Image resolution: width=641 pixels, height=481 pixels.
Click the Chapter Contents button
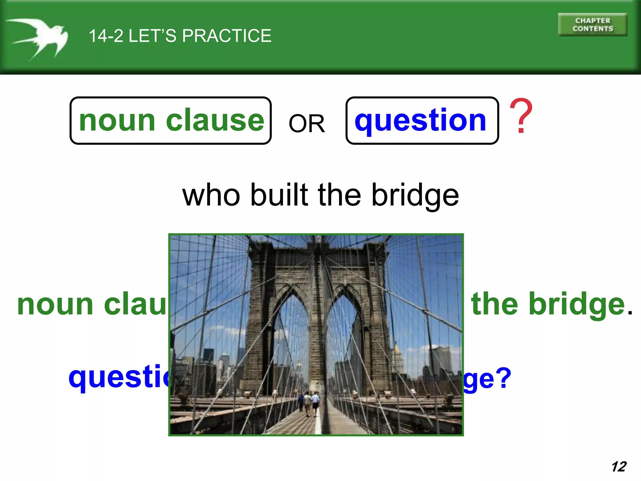[x=592, y=25]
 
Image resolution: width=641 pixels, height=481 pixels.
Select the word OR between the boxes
[x=307, y=123]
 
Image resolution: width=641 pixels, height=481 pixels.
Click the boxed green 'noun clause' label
[x=171, y=121]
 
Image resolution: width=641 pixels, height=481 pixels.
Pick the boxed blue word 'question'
[x=422, y=121]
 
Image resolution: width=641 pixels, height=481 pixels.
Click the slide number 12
[x=619, y=467]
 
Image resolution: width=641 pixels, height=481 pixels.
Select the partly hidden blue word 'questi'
[x=119, y=377]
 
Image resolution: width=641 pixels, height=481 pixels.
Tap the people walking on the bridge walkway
[x=308, y=402]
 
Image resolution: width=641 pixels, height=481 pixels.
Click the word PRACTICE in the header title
[x=227, y=36]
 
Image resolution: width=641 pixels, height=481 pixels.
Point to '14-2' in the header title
[x=106, y=36]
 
